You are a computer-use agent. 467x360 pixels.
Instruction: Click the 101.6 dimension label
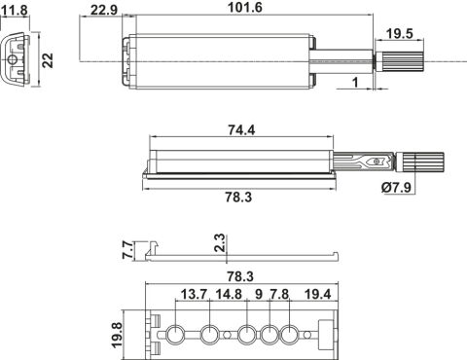click(x=245, y=7)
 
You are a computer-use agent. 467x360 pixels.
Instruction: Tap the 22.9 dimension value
click(x=104, y=10)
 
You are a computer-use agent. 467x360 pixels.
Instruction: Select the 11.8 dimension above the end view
click(x=15, y=11)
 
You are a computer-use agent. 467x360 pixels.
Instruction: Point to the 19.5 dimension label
click(x=400, y=33)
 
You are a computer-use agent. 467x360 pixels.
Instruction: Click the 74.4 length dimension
click(x=241, y=129)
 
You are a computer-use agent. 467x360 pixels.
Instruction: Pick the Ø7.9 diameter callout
click(x=396, y=187)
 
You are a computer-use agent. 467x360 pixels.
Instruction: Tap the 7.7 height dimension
click(x=127, y=249)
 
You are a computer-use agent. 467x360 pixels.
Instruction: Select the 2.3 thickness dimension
click(x=220, y=243)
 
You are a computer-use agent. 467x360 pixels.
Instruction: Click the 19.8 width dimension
click(x=117, y=335)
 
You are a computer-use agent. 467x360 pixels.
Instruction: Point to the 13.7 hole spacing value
click(x=194, y=294)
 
